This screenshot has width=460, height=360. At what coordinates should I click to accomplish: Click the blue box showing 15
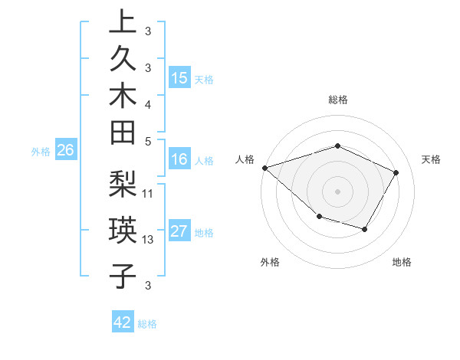coord(179,77)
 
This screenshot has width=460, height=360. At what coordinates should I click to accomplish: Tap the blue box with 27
coord(179,231)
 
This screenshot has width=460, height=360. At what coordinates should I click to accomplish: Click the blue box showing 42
coord(123,322)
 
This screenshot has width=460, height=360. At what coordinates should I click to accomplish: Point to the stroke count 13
coord(148,240)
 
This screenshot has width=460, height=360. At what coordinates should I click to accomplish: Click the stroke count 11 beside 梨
coord(148,193)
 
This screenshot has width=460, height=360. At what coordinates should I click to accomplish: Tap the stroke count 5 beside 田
coord(148,141)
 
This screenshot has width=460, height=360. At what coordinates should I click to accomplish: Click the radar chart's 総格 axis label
coord(337,100)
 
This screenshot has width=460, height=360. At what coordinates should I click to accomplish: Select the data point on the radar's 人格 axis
coord(264,167)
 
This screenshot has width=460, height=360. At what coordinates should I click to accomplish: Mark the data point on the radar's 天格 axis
coord(396,172)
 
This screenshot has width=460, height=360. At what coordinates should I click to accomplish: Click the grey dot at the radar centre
coord(337,191)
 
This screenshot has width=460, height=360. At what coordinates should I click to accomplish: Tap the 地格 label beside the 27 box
coord(205,233)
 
